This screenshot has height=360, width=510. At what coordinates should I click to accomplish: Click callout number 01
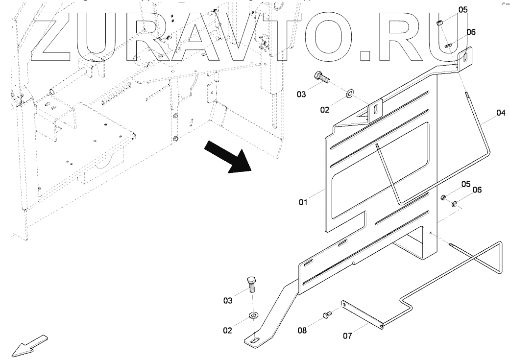pos(303,201)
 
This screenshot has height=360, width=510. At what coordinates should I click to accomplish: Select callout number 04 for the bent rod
pos(500,113)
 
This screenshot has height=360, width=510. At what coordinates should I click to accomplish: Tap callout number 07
pos(347,336)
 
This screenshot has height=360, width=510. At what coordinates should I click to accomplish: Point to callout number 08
pos(302,331)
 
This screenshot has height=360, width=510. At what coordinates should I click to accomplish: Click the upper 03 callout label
pos(300,94)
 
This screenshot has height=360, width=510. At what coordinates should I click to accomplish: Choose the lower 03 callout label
pos(228,301)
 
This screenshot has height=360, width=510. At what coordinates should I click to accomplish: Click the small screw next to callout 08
pos(327,315)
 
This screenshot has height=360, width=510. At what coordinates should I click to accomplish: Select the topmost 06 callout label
pos(471,32)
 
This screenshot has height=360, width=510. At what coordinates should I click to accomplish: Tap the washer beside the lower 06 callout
pos(455,203)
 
